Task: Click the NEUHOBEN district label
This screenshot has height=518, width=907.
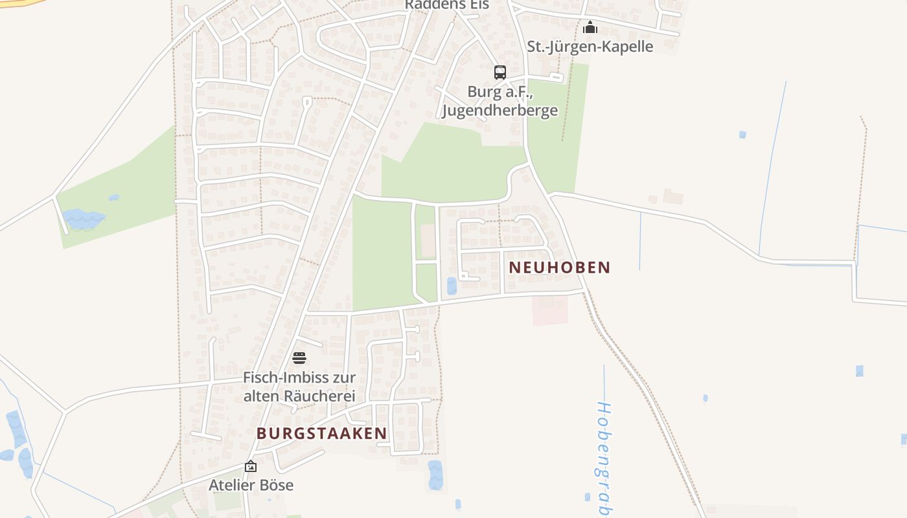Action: [560, 267]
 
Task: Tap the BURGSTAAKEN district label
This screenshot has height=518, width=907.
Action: [322, 433]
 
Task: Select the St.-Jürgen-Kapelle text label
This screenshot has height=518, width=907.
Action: [590, 47]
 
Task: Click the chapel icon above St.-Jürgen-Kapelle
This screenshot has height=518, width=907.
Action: [590, 28]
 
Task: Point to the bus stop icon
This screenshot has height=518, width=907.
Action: [499, 73]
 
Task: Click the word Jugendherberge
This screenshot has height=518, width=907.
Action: [499, 110]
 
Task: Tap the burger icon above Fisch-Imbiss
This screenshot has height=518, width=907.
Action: [299, 358]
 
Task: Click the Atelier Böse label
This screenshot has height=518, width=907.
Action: [251, 485]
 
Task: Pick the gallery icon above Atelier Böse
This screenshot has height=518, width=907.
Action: [251, 466]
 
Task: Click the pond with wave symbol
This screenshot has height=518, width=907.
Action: [83, 218]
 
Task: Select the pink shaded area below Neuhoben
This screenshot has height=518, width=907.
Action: [550, 310]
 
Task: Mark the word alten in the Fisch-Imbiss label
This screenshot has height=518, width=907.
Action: [261, 396]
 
